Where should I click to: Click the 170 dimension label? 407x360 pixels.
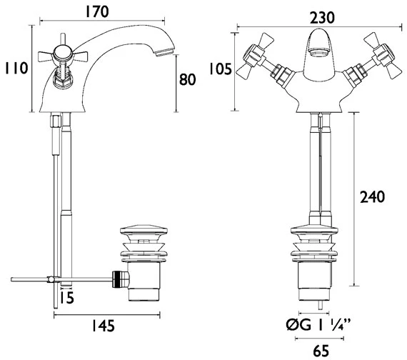97,12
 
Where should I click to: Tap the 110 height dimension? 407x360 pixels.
16,69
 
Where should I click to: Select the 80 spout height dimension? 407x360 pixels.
187,79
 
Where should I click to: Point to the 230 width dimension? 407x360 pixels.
322,18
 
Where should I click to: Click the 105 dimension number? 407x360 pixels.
220,69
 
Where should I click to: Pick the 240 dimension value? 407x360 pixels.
372,197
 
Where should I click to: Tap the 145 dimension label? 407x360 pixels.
103,326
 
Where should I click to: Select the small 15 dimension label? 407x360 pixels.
66,297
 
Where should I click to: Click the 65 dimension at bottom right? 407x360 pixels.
321,351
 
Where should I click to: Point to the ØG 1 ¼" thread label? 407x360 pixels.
318,325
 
